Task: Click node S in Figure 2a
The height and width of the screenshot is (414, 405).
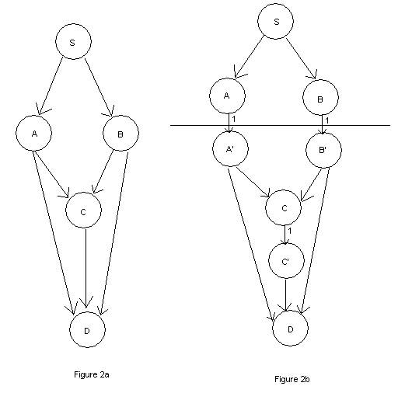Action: tap(73, 41)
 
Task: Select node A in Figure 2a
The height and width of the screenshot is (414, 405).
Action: tap(34, 133)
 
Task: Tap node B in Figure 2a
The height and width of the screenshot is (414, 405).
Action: tap(120, 133)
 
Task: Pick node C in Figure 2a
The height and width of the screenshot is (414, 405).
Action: tap(83, 210)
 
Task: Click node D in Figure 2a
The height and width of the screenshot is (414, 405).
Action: tap(87, 329)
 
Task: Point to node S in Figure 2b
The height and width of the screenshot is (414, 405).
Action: tap(275, 22)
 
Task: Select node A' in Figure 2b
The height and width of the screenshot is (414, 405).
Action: tap(230, 149)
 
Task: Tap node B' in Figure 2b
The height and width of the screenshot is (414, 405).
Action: tap(323, 150)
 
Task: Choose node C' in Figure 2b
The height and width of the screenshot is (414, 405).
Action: tap(286, 261)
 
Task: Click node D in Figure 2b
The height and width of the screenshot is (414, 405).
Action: tap(291, 328)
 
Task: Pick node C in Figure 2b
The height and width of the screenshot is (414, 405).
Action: tap(284, 207)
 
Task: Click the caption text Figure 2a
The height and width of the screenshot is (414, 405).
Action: tap(92, 374)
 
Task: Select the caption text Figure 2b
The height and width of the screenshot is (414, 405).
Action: tap(292, 379)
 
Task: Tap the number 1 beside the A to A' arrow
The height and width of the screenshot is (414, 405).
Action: tap(233, 119)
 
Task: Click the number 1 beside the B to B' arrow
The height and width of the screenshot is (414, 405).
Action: tap(326, 120)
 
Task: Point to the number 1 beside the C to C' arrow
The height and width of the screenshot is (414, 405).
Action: tap(289, 231)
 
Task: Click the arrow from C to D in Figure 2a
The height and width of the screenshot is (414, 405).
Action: tap(86, 268)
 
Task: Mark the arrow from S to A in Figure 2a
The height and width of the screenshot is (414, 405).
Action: tap(51, 86)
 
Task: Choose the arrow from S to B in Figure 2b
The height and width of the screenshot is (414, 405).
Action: tap(301, 59)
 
